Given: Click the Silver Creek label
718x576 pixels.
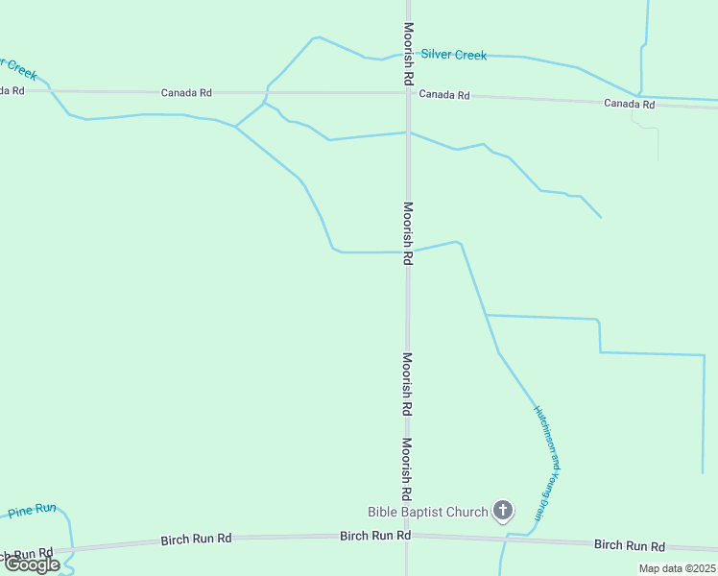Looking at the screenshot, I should pos(453,55).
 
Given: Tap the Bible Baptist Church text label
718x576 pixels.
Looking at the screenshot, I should pos(428,512).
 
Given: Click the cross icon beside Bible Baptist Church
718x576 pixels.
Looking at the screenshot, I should pos(503,510).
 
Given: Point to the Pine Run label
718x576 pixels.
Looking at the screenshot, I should pos(33,512).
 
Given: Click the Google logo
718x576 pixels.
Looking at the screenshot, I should pos(32,564).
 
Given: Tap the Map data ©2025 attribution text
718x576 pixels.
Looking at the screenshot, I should pos(677,568).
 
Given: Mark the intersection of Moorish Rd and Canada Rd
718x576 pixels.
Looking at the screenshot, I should pos(408,93).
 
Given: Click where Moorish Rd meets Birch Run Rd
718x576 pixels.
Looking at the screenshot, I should pos(407,536).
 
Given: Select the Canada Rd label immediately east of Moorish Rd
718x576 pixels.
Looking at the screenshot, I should pos(444,95).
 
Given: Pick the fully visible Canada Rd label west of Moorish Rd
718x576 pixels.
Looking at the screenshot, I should pos(186,93).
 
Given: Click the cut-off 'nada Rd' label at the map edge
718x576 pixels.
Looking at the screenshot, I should pos(12,90).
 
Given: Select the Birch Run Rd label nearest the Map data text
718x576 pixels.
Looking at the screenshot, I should pos(629,545).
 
